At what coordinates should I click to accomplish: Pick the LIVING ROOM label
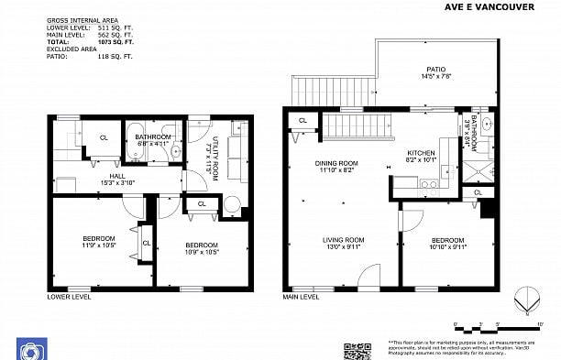point(343,244)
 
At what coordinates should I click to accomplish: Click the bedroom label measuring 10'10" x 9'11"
point(449,244)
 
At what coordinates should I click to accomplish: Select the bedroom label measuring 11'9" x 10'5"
point(99,241)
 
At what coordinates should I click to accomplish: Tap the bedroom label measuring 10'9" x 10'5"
point(202,247)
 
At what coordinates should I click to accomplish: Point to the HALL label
point(117,180)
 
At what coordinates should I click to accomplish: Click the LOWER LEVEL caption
point(70,297)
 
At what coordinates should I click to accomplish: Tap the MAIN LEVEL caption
point(301,297)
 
